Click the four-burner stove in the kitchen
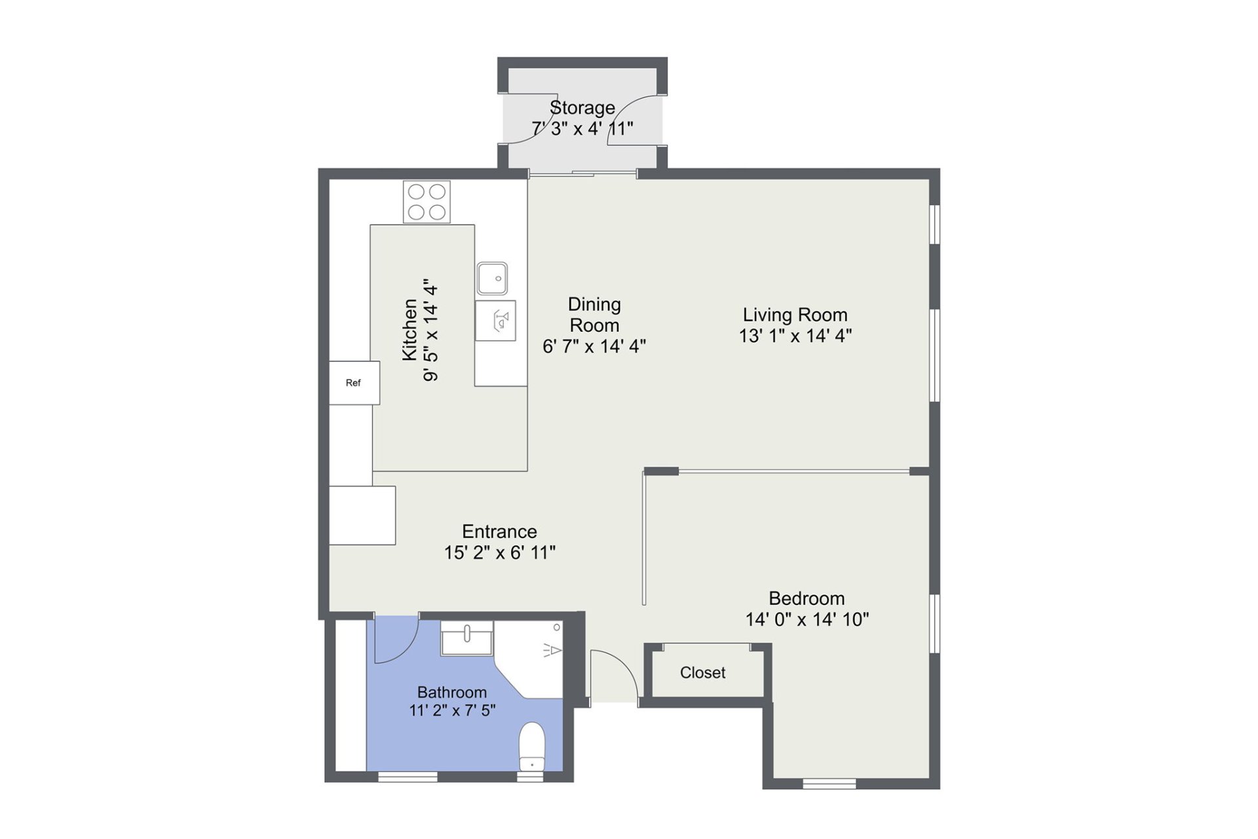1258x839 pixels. coord(427,202)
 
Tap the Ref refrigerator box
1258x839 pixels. coord(354,383)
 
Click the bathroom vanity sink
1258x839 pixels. coord(467,638)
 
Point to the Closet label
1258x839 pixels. coord(702,673)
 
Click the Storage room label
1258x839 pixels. coord(582,107)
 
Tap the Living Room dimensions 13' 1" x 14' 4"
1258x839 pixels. coord(795,336)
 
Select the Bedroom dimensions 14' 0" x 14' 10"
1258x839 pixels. coord(807,619)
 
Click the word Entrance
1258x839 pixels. coord(499,531)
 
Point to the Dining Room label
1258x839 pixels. coord(594,315)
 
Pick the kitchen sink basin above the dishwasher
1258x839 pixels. coord(493,278)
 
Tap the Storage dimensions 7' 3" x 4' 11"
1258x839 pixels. coord(582,128)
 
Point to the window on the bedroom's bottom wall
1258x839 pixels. coord(829,783)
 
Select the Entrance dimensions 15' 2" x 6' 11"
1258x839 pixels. coord(499,553)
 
